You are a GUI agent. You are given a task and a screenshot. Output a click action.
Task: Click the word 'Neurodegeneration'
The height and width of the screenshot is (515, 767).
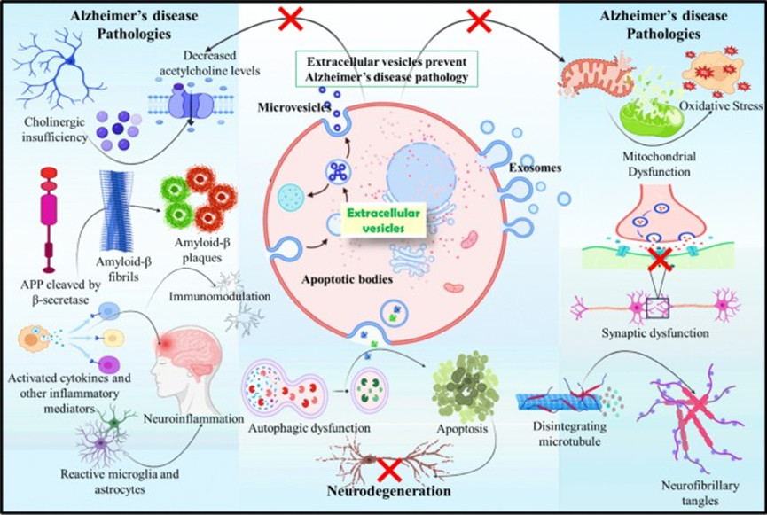[x=380, y=489]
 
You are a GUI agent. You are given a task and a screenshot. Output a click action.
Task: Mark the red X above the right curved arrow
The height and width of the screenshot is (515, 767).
[x=480, y=19]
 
